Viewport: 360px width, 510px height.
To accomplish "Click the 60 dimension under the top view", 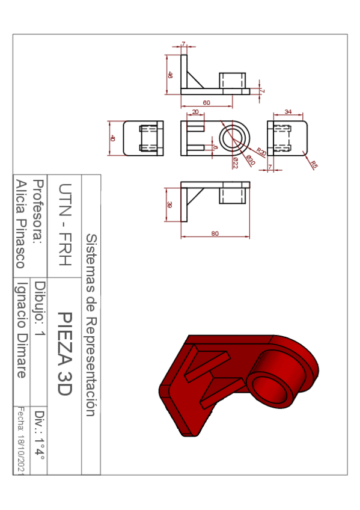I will click(x=206, y=103).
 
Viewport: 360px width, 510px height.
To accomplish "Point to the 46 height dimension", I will click(x=170, y=75).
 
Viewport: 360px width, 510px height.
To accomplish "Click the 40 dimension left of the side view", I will click(x=112, y=138).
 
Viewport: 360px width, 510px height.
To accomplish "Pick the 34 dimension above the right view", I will click(x=288, y=112).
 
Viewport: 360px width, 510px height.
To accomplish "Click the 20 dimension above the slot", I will click(x=195, y=112).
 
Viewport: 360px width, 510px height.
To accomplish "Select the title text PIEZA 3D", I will click(x=65, y=354).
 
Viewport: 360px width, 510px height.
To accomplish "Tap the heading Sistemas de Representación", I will click(x=91, y=325).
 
